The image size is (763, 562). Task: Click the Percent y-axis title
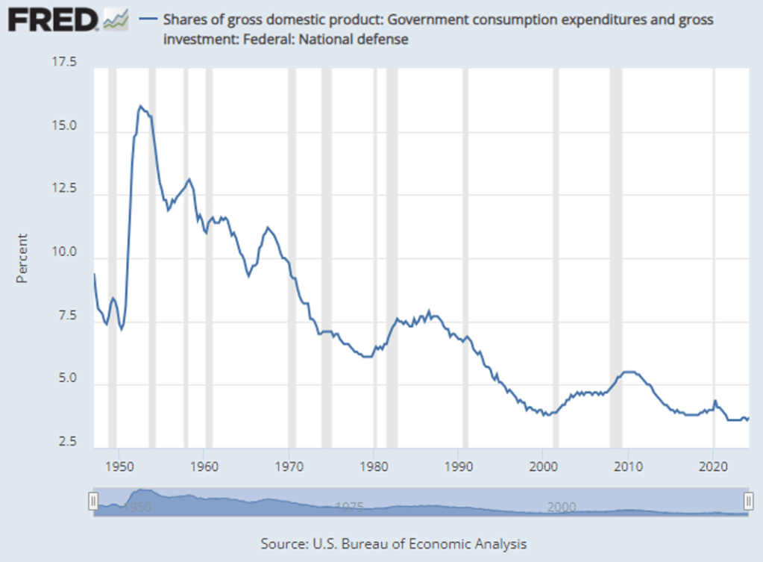(22, 258)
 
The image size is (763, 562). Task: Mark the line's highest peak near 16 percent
(140, 107)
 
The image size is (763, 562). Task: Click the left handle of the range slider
(93, 501)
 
